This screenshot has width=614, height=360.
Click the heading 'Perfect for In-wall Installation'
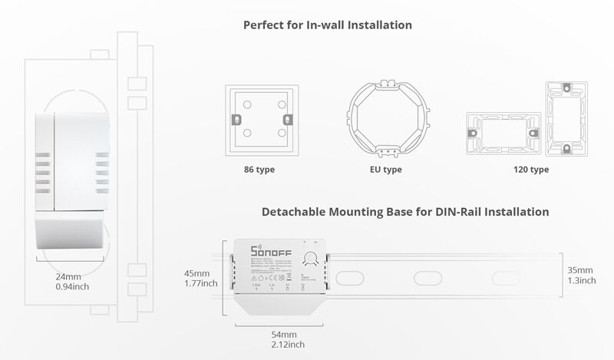(328, 25)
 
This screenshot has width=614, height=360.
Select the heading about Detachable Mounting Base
(405, 211)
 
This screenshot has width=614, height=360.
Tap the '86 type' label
(259, 170)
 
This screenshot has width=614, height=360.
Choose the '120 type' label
(530, 170)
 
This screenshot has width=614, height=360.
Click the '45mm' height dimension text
(197, 273)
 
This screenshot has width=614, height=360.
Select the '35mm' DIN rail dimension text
(580, 270)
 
